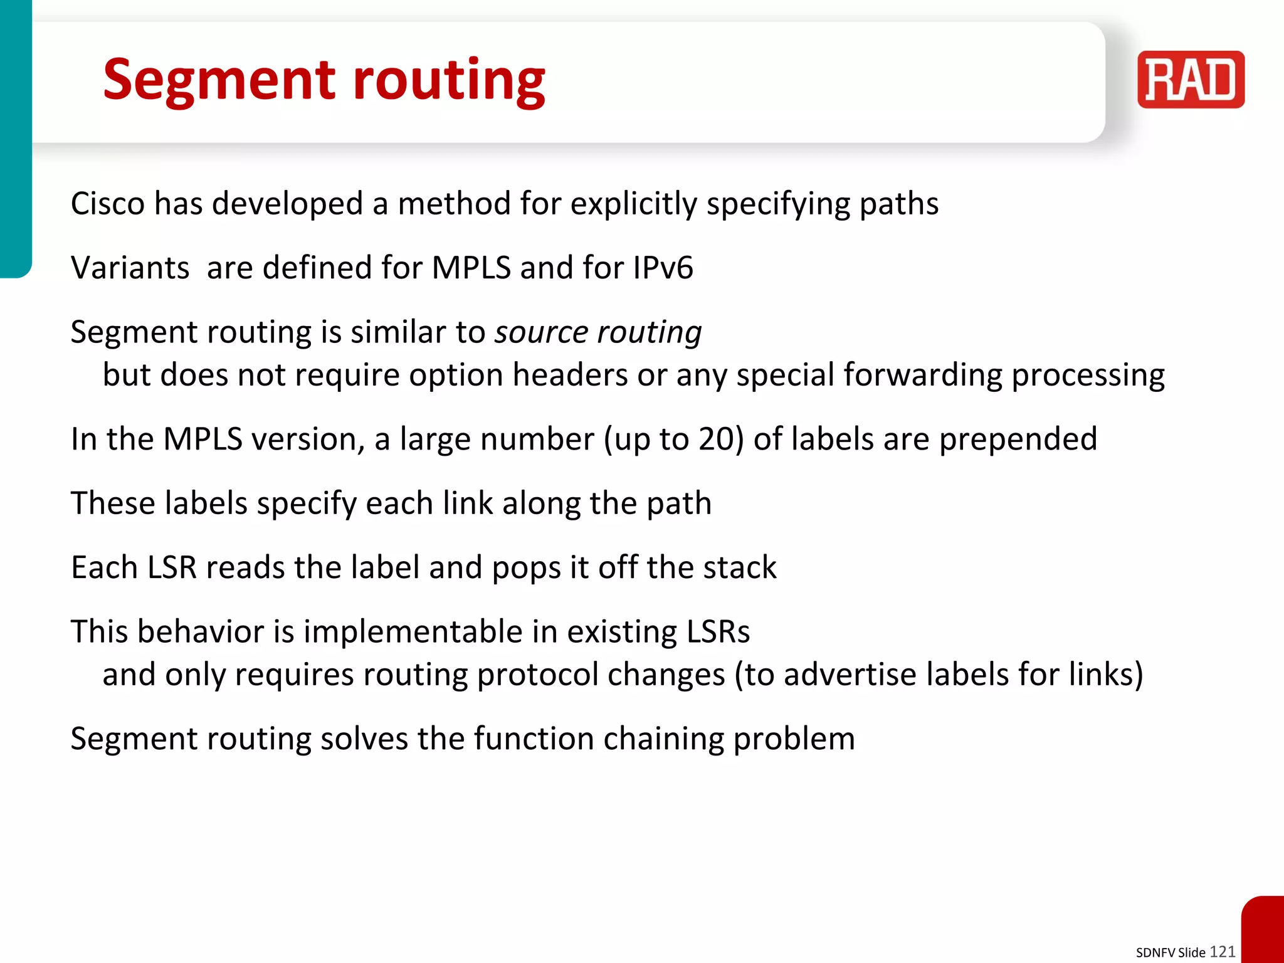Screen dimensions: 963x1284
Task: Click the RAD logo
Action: point(1191,80)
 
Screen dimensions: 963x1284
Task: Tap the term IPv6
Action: point(663,268)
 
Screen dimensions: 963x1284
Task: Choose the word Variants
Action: point(130,268)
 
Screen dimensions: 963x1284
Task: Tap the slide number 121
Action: point(1222,952)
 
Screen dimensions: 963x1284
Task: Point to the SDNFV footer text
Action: point(1155,953)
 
